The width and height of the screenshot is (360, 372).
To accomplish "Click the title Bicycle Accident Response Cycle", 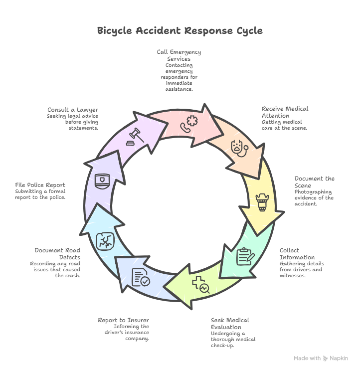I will click(x=180, y=30).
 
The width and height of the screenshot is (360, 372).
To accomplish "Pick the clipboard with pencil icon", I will click(x=245, y=256).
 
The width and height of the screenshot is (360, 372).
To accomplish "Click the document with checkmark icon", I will click(x=140, y=277).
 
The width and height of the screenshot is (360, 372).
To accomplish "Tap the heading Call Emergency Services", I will click(x=179, y=55).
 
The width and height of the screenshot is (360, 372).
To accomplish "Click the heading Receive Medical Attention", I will click(x=285, y=112).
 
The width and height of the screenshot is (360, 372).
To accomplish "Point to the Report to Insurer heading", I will click(x=123, y=320).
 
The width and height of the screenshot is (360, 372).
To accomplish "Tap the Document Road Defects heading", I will click(x=57, y=253).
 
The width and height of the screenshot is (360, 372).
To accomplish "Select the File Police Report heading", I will click(x=40, y=185).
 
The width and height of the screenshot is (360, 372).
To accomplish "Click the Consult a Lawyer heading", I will click(x=73, y=110).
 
